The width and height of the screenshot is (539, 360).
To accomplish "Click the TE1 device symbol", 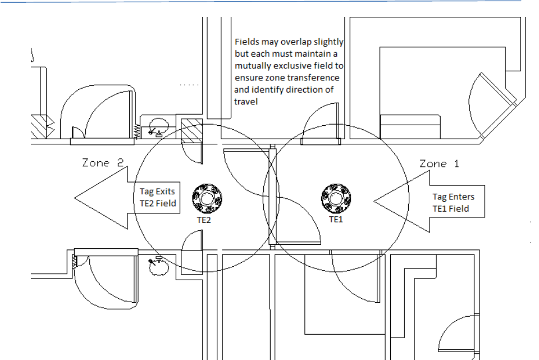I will coord(336,198).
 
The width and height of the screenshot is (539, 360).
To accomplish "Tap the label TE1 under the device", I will coord(336,220).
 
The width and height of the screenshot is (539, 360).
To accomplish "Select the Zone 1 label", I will coord(440,163).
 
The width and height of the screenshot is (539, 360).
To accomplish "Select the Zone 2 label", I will coord(103,163).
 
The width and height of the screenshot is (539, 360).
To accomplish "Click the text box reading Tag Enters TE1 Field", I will coord(453,203).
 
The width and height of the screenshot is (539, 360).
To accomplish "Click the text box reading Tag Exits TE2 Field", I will coord(157,198).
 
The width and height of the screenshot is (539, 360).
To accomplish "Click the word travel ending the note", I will coord(245,102).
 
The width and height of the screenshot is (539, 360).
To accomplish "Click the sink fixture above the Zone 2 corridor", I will coord(159,127).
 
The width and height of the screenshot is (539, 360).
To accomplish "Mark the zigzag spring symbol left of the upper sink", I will coord(136,130).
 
